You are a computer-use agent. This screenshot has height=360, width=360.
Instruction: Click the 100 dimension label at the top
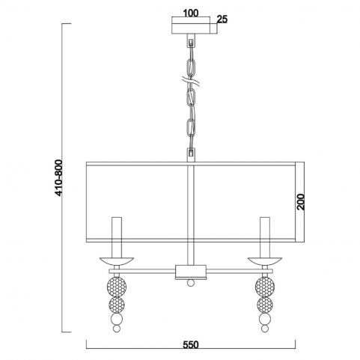pyautogui.click(x=191, y=13)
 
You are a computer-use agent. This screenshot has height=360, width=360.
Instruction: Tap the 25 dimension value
pyautogui.click(x=222, y=19)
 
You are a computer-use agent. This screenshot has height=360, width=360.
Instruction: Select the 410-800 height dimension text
pyautogui.click(x=58, y=177)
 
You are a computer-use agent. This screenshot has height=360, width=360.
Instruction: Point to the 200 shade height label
pyautogui.click(x=301, y=201)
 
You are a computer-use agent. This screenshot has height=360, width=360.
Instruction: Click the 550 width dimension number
pyautogui.click(x=191, y=345)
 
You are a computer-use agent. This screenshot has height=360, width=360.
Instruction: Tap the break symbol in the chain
pyautogui.click(x=191, y=82)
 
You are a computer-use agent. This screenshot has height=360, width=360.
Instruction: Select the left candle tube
pyautogui.click(x=117, y=237)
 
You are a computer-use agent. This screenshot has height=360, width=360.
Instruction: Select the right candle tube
pyautogui.click(x=265, y=237)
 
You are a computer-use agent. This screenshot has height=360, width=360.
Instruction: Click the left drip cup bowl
pyautogui.click(x=117, y=261)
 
